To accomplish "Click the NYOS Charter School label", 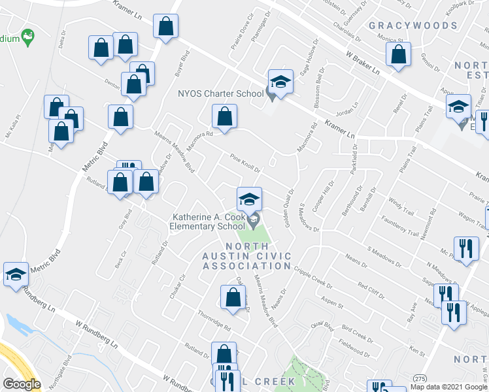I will click(x=220, y=93).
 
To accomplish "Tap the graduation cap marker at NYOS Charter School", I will click(x=280, y=82).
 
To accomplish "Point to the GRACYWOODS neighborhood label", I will click(x=413, y=25).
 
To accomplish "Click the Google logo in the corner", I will click(x=22, y=384).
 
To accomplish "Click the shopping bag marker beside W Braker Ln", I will click(x=398, y=55).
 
